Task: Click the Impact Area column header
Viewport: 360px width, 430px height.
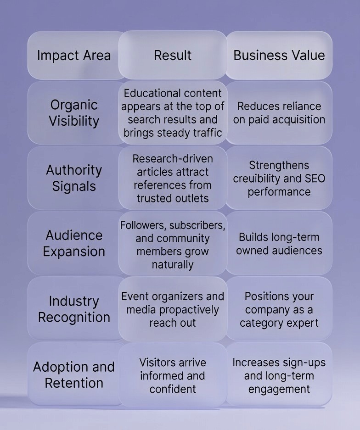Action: click(x=74, y=56)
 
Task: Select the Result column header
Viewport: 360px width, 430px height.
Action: click(x=173, y=56)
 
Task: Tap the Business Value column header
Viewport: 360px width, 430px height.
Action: click(x=279, y=56)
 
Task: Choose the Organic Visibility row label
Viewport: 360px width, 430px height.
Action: click(x=74, y=113)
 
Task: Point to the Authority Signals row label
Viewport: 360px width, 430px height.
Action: click(x=74, y=178)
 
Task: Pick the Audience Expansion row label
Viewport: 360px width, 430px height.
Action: click(x=74, y=243)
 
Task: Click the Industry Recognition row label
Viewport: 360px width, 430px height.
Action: click(x=74, y=309)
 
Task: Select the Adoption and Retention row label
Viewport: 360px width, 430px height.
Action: click(x=74, y=374)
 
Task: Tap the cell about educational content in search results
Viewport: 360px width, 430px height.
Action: click(x=173, y=113)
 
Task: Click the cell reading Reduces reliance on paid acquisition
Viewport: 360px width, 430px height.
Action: click(x=279, y=113)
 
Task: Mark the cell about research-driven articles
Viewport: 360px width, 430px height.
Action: click(x=173, y=178)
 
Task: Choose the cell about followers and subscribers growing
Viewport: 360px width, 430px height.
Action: click(x=173, y=245)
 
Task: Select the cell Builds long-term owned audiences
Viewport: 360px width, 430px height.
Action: click(x=279, y=244)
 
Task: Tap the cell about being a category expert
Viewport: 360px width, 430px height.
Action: click(x=279, y=309)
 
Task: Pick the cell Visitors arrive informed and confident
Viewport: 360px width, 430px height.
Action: click(x=173, y=375)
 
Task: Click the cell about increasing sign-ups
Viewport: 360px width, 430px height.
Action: click(x=279, y=375)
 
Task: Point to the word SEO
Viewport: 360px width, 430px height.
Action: click(x=313, y=179)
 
